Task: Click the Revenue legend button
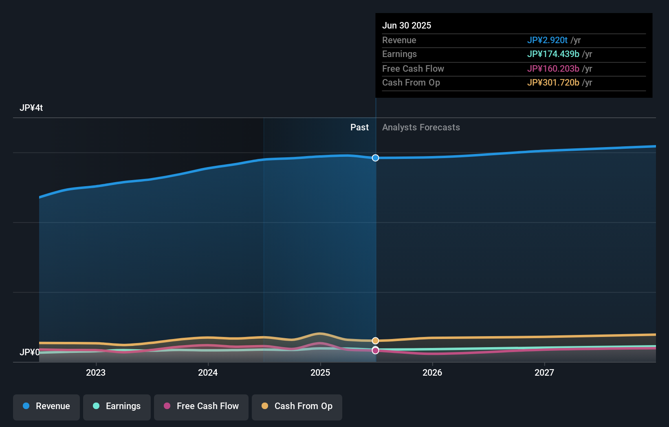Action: click(46, 407)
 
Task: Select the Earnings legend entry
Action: click(117, 407)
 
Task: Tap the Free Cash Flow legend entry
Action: click(201, 407)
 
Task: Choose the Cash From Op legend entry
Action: click(297, 407)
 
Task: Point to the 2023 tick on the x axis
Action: click(96, 372)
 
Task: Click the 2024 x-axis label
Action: click(208, 372)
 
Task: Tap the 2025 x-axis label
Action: click(320, 372)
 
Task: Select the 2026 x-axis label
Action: click(432, 372)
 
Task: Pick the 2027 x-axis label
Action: click(544, 372)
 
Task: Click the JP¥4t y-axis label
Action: click(31, 108)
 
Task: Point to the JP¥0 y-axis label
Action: click(29, 352)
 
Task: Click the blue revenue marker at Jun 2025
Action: click(375, 158)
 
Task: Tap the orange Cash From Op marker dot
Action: click(375, 341)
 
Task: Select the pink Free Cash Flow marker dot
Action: click(375, 350)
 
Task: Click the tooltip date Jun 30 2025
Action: click(406, 25)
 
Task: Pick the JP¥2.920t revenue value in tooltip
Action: click(547, 40)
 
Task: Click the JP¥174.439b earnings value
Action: click(553, 54)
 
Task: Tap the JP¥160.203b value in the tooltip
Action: click(553, 68)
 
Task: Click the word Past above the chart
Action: click(359, 128)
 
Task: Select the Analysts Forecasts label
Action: click(421, 128)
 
